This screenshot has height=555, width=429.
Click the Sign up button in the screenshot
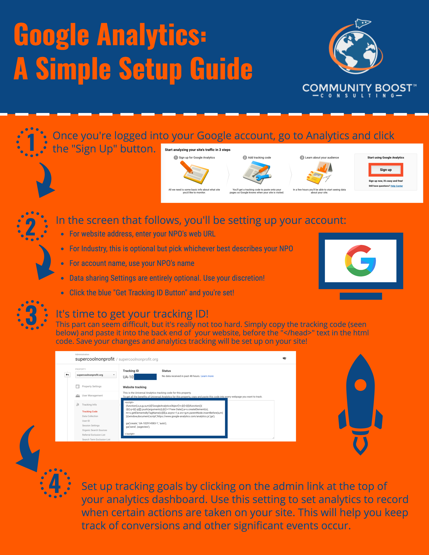[x=386, y=170]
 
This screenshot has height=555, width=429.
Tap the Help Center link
[x=397, y=186]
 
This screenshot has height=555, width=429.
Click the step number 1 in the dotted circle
[x=31, y=142]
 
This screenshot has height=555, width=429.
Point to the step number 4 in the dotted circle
[x=55, y=483]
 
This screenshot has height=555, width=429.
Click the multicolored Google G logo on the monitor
[x=360, y=261]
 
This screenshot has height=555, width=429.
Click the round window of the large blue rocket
[x=360, y=385]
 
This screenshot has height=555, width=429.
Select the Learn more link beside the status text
[x=207, y=376]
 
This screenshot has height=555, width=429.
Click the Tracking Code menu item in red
[x=90, y=411]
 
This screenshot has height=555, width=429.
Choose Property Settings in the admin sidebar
[x=92, y=386]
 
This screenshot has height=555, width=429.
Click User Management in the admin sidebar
[x=92, y=395]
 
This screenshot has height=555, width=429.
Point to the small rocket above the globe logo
[x=363, y=23]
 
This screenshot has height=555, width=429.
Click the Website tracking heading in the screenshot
[x=135, y=387]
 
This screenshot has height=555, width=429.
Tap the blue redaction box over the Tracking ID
[x=145, y=377]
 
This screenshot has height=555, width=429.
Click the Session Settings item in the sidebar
[x=91, y=425]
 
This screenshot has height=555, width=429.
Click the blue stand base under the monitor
[x=361, y=296]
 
